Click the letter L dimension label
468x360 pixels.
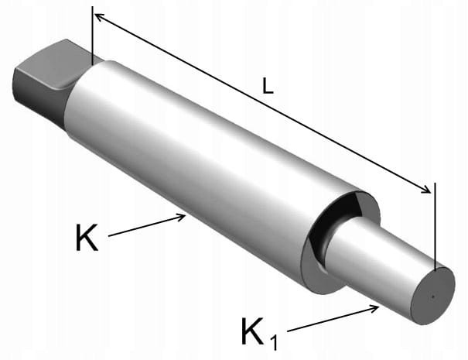[x=268, y=86]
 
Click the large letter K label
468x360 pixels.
[x=87, y=238]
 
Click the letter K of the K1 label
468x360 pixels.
[x=253, y=331]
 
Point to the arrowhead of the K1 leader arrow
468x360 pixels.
[x=374, y=309]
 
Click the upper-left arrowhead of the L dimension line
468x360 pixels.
[x=99, y=18]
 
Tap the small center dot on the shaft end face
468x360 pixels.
[x=432, y=297]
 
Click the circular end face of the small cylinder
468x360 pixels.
[x=432, y=296]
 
